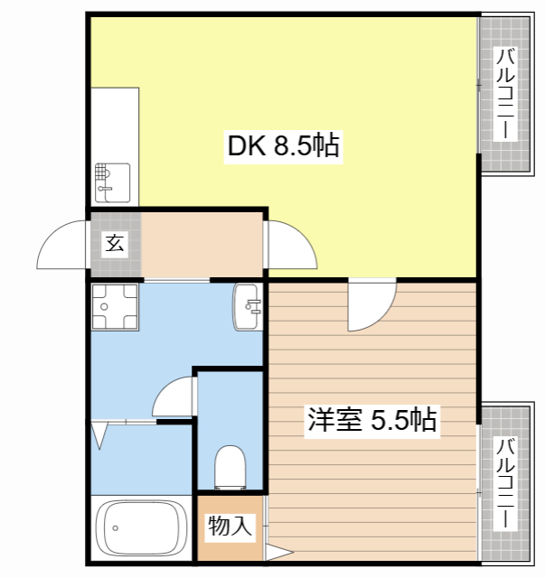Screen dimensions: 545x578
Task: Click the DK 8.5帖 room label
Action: click(283, 146)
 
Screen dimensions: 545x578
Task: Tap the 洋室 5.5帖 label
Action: click(372, 420)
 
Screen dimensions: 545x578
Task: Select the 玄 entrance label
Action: click(115, 244)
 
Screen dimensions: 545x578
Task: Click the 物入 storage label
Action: click(230, 526)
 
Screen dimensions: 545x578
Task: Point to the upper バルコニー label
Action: click(505, 94)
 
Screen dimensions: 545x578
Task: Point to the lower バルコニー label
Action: click(505, 483)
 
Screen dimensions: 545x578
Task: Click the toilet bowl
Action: click(230, 467)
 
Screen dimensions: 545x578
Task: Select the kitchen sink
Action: click(113, 182)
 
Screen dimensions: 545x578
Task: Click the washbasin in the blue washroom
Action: click(248, 307)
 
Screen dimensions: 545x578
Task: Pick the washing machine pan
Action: click(115, 307)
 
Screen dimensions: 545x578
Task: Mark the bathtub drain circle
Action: click(116, 528)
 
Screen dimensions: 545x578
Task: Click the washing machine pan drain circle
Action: click(105, 307)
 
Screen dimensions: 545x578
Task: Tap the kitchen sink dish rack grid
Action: click(102, 172)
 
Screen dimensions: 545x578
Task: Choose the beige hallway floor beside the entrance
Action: click(202, 245)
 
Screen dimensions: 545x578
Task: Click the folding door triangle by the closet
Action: click(99, 435)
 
